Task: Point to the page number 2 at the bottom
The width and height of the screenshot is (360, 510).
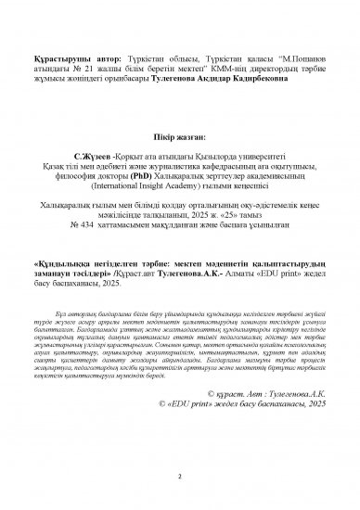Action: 179,479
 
